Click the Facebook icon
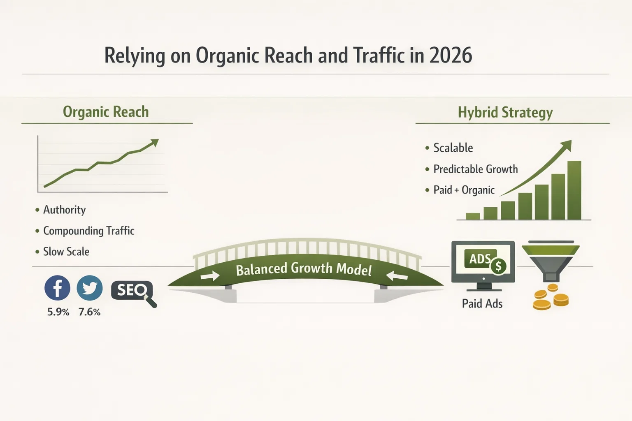57,288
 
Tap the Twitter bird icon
90,288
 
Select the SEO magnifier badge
132,291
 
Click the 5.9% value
58,312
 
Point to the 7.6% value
89,312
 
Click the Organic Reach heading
106,112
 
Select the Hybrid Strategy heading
505,112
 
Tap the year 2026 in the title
451,56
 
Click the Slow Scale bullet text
66,252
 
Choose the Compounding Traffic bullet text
88,231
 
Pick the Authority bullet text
64,210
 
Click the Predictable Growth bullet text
475,169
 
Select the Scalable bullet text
453,148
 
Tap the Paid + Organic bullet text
464,190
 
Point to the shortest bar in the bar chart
473,216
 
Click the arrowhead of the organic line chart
155,142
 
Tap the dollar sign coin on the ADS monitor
498,267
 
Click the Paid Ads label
482,304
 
